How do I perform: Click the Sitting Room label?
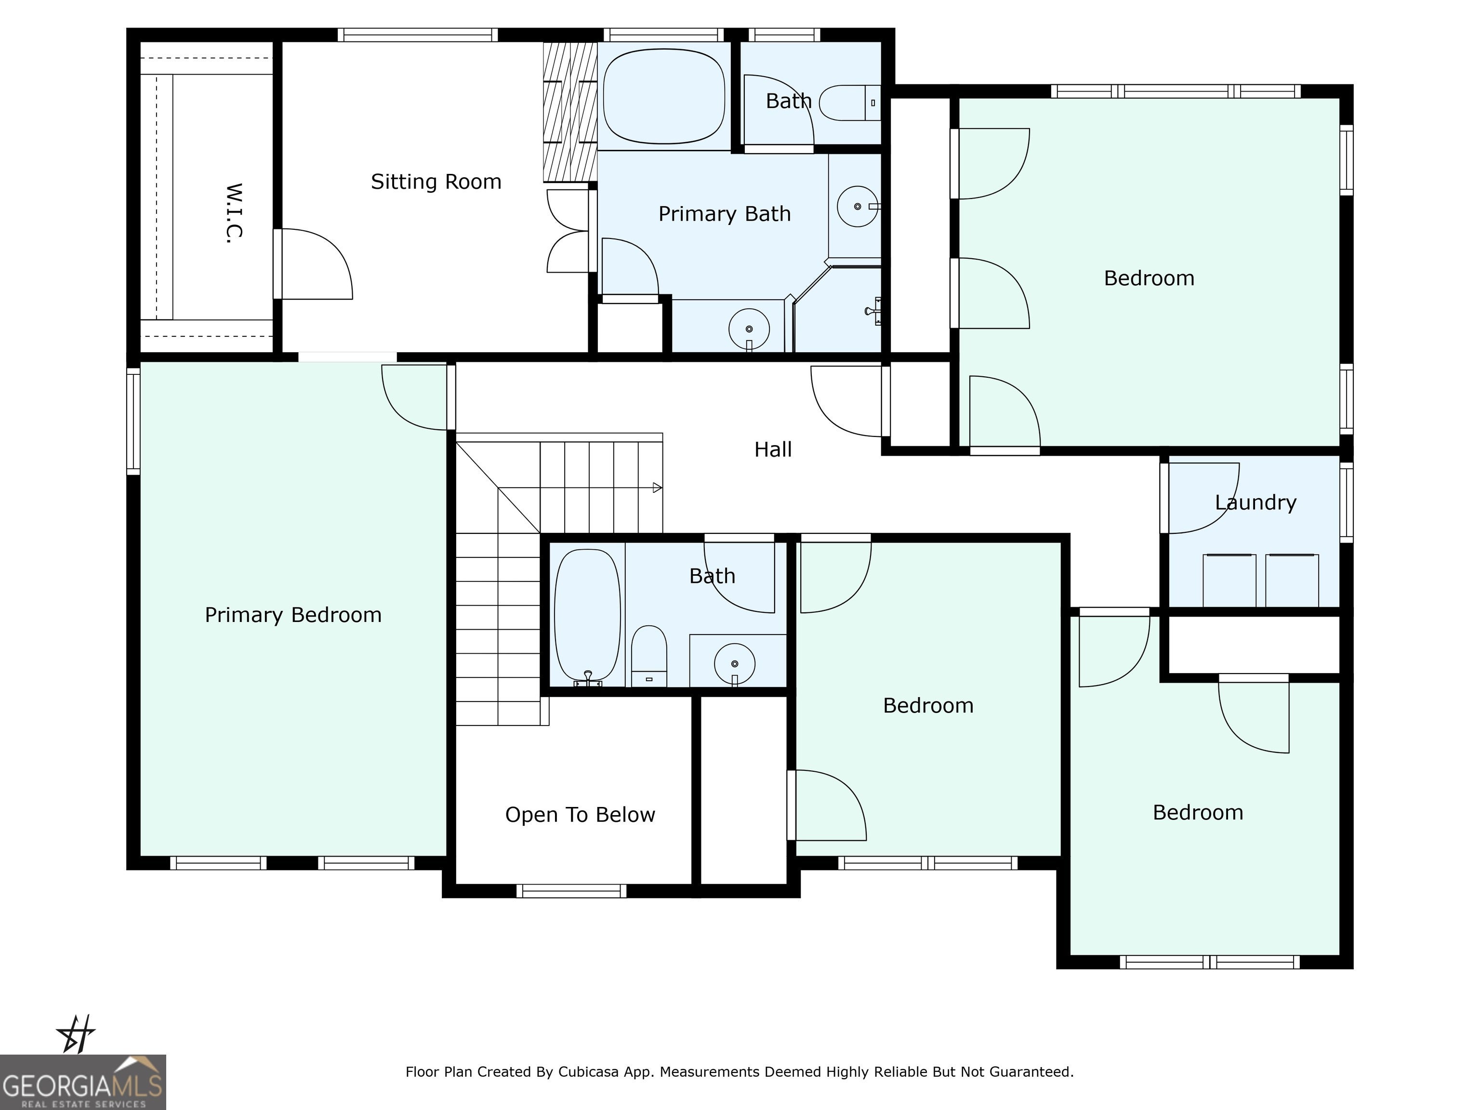point(436,182)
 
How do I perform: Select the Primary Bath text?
point(725,214)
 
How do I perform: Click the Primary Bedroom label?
point(293,615)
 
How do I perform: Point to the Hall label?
point(773,449)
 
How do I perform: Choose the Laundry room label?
point(1256,502)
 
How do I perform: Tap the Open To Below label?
point(580,815)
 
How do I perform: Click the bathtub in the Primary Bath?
point(664,96)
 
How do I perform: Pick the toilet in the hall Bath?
point(649,656)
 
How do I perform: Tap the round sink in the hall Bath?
point(735,664)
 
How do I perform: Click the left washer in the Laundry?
point(1229,580)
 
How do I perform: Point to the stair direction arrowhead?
point(658,488)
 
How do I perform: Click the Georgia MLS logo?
point(83,1083)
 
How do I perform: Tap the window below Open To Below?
point(571,890)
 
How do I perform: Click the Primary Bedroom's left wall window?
point(133,421)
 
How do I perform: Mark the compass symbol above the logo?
point(76,1034)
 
